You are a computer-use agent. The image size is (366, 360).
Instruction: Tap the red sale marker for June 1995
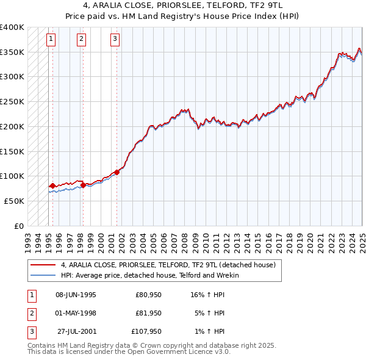(x=52, y=185)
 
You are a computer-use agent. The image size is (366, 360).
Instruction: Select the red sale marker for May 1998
(x=83, y=185)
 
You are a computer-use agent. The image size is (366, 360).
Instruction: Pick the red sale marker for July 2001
(x=117, y=172)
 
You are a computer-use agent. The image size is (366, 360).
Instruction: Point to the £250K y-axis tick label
(x=12, y=102)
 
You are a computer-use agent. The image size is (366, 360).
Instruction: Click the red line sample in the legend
(x=43, y=265)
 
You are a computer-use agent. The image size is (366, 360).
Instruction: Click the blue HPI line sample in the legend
(x=43, y=275)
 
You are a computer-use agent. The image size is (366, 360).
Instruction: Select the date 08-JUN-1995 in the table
(x=76, y=295)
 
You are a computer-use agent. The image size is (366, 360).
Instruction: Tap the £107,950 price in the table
(x=146, y=333)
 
